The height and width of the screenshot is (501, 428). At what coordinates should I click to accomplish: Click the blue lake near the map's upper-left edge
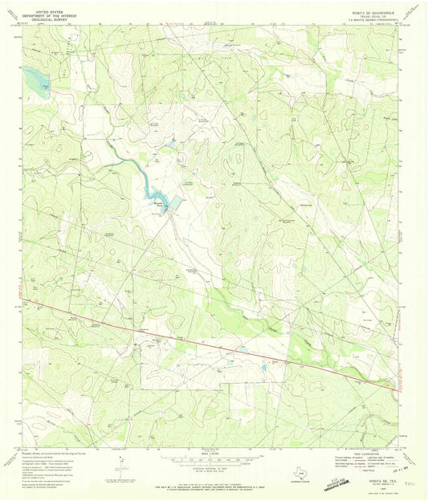[x=35, y=77]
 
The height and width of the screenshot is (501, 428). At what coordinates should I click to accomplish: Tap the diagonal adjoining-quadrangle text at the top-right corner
[x=411, y=11]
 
